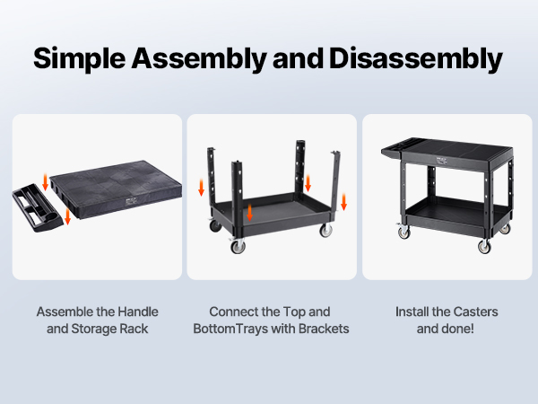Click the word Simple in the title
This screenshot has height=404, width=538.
pyautogui.click(x=79, y=58)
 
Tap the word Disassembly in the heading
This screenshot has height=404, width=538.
pyautogui.click(x=416, y=58)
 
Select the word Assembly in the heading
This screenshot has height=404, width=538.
pyautogui.click(x=199, y=58)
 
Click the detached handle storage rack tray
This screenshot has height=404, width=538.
pyautogui.click(x=38, y=208)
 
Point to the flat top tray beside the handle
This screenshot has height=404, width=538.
pyautogui.click(x=116, y=189)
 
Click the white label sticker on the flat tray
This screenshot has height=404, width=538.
pyautogui.click(x=130, y=202)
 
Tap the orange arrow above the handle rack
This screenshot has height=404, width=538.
pyautogui.click(x=45, y=182)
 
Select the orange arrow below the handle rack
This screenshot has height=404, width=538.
pyautogui.click(x=67, y=216)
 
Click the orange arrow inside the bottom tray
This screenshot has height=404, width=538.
pyautogui.click(x=250, y=213)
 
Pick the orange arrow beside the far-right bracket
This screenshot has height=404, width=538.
pyautogui.click(x=343, y=202)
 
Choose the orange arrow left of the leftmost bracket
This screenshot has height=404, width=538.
pyautogui.click(x=202, y=188)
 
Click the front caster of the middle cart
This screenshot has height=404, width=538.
pyautogui.click(x=238, y=246)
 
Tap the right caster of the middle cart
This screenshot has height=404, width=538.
pyautogui.click(x=325, y=230)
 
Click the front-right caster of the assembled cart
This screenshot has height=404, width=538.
pyautogui.click(x=484, y=246)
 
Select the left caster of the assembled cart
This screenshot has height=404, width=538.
pyautogui.click(x=403, y=233)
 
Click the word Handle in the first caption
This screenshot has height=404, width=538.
pyautogui.click(x=138, y=312)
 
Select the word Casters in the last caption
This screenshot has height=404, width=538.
pyautogui.click(x=477, y=312)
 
